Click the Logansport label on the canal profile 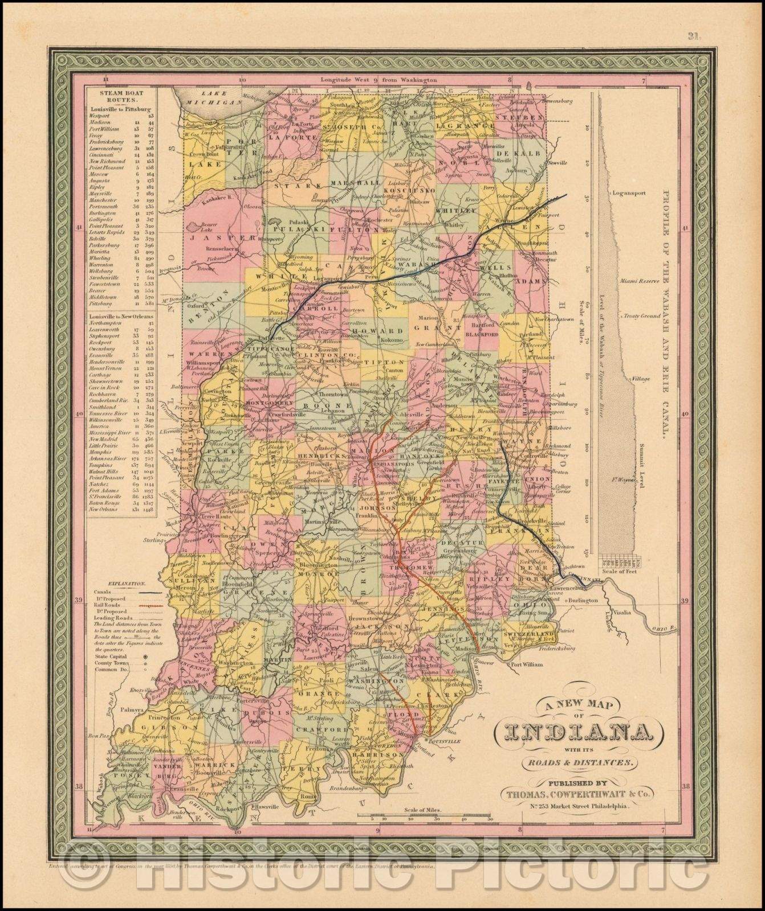pyautogui.click(x=628, y=193)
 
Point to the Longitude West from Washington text pyautogui.click(x=379, y=80)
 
